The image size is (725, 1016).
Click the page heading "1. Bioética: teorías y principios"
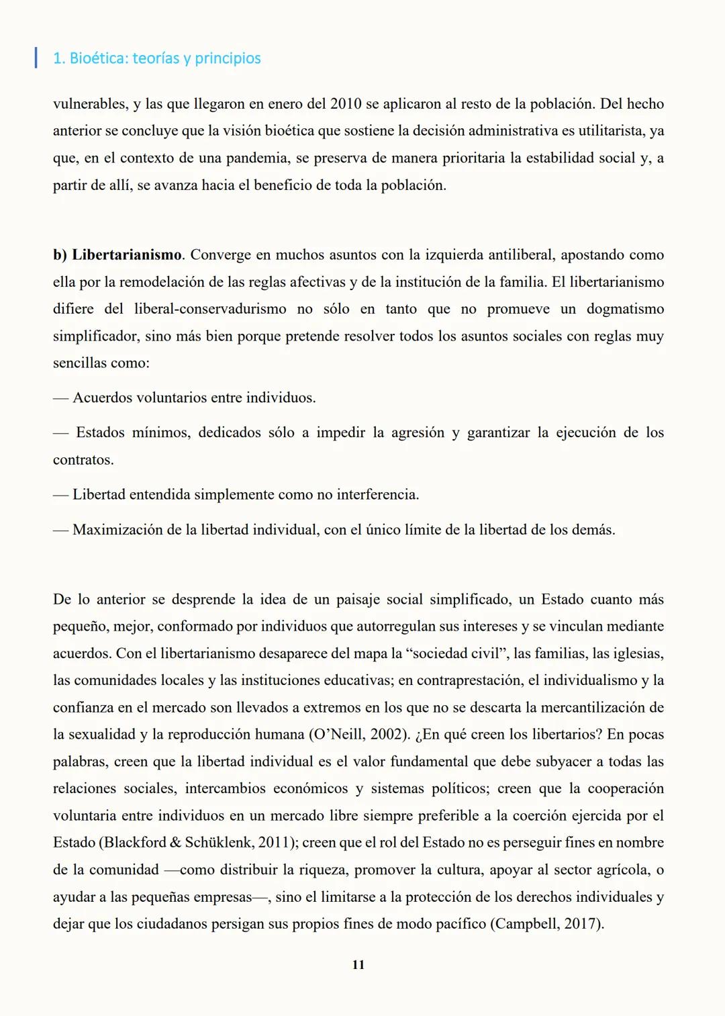tap(156, 58)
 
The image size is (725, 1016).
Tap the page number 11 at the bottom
tap(358, 964)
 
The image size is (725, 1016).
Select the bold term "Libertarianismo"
tap(127, 255)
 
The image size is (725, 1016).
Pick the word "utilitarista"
tap(606, 131)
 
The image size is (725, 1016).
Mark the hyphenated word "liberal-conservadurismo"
tap(209, 309)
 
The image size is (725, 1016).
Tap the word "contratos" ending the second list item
tap(83, 460)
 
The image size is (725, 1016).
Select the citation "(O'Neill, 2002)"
tap(359, 735)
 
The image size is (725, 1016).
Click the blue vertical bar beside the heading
tap(36, 58)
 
